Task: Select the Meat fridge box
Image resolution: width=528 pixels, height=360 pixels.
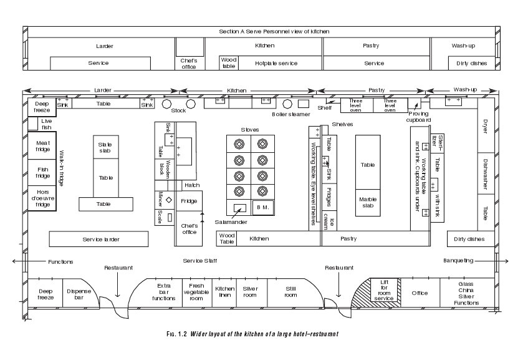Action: point(42,145)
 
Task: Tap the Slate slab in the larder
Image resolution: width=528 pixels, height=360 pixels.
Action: point(105,145)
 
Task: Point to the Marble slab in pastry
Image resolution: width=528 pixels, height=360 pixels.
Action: point(367,203)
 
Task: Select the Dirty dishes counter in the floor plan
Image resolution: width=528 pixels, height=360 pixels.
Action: point(470,239)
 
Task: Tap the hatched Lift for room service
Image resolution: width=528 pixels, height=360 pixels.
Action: point(383,290)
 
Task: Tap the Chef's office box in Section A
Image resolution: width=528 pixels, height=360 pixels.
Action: point(189,63)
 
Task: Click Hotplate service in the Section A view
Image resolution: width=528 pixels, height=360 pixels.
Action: point(276,63)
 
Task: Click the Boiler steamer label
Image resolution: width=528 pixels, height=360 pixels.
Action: point(290,114)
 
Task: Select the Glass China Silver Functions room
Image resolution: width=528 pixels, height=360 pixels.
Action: point(467,293)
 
